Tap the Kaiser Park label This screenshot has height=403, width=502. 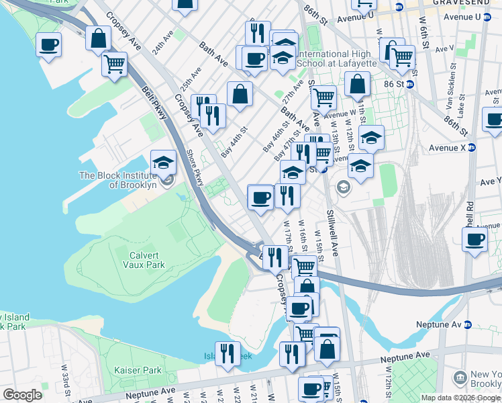click(138, 370)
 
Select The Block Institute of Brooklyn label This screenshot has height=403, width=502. click(117, 180)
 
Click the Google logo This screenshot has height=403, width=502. click(22, 395)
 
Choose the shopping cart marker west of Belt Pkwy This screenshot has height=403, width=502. click(115, 65)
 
